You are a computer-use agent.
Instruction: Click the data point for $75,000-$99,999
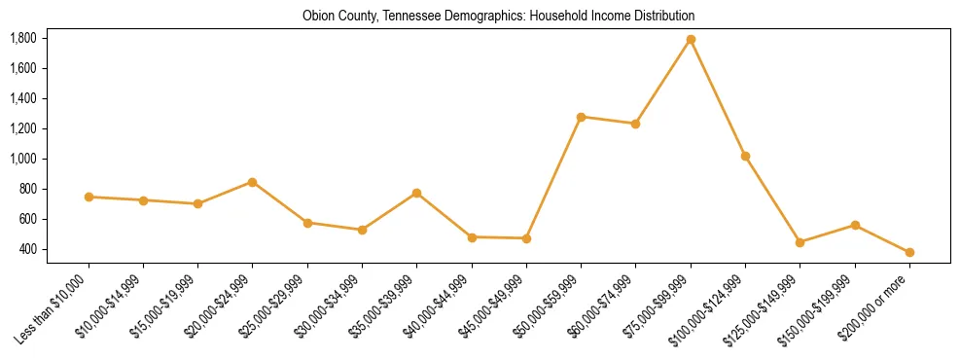coord(691,40)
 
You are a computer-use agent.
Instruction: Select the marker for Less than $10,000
coord(89,198)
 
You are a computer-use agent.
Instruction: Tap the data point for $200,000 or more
coord(909,253)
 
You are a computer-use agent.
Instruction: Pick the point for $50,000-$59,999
coord(581,117)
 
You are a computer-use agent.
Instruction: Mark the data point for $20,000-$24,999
coord(253,182)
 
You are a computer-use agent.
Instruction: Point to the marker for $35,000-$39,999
coord(417,194)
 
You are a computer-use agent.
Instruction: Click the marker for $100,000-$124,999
coord(745,157)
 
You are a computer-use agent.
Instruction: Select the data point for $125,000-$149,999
coord(800,242)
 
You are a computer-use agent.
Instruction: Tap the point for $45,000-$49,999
coord(526,238)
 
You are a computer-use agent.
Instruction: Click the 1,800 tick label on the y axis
coord(23,39)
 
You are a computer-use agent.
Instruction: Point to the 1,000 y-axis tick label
coord(23,159)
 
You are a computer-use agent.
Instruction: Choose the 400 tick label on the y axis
coord(28,249)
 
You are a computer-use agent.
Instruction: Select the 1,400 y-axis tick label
coord(23,98)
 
